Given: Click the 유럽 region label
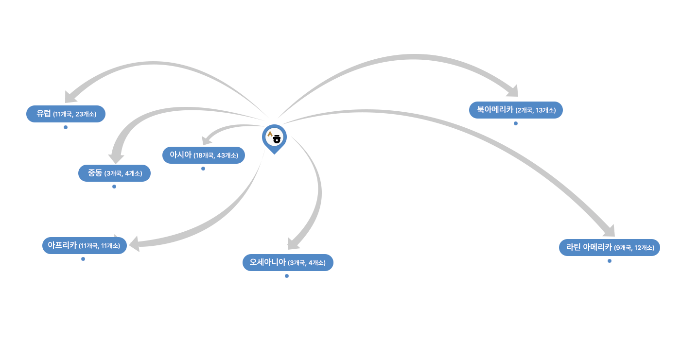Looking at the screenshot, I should (66, 114).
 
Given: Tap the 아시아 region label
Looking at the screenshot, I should (203, 155).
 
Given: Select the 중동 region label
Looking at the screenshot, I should (114, 173).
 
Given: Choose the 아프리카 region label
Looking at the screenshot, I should (84, 245).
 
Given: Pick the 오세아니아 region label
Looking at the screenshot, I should (287, 262).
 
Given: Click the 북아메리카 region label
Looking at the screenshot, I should (516, 110).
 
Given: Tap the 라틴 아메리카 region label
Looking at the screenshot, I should (610, 247).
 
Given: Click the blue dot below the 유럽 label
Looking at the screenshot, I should (66, 127).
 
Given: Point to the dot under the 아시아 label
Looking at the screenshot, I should (203, 169).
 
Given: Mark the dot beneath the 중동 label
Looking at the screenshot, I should (114, 187).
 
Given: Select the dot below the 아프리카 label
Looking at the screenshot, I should (83, 259).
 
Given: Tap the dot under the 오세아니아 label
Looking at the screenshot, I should (287, 276).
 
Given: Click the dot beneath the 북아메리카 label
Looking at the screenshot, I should (516, 123).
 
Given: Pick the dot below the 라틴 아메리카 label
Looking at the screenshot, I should (610, 261).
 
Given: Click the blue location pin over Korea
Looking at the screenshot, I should (274, 138).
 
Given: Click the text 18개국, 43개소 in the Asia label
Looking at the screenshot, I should (216, 156).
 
